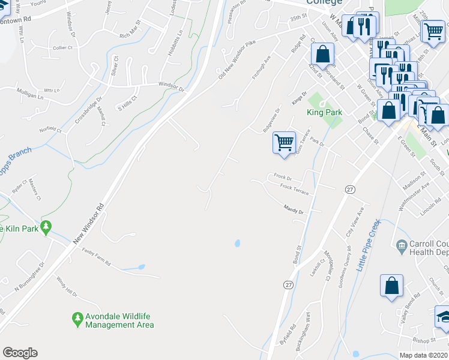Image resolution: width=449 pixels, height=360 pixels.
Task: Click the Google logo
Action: click(20, 353)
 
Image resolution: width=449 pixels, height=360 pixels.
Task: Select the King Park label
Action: click(324, 112)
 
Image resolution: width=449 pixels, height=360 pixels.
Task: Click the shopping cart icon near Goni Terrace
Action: click(284, 143)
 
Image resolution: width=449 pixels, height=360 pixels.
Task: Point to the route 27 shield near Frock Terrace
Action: click(350, 189)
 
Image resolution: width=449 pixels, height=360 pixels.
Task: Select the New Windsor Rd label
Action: click(89, 223)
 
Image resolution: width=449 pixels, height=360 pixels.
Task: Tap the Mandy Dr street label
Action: click(294, 209)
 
